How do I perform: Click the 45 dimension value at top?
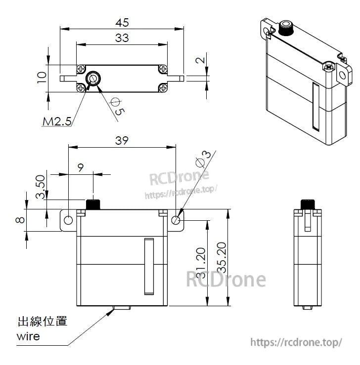point(122,22)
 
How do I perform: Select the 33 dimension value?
point(122,38)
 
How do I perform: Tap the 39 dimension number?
point(122,140)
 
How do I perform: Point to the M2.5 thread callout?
point(56,121)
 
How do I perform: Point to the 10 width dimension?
point(42,77)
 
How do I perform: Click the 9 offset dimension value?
point(81,167)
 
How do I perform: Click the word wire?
point(28,337)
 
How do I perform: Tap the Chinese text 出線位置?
point(42,322)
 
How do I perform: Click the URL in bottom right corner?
point(296,342)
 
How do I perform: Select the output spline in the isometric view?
point(286,28)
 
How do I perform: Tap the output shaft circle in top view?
point(93,78)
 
